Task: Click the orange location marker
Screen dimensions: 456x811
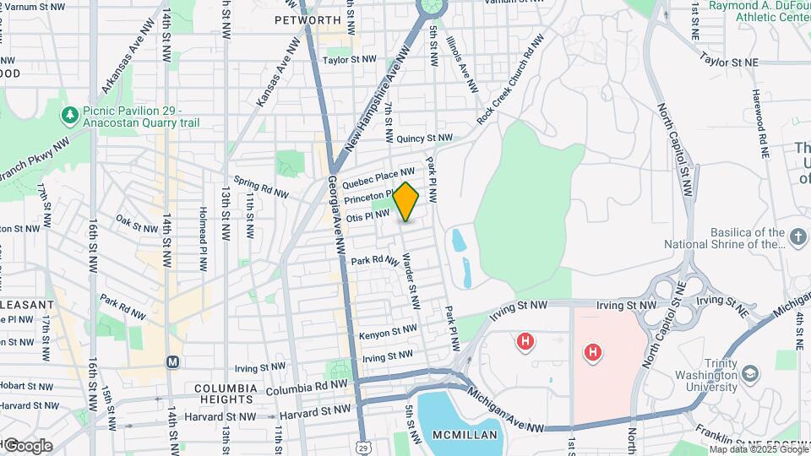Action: pos(406,202)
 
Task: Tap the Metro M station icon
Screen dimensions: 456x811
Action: pos(173,361)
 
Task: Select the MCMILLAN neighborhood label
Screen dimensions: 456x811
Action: pos(460,435)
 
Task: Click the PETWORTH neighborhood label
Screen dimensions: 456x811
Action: pos(307,19)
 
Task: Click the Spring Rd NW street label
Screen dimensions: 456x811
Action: pos(261,187)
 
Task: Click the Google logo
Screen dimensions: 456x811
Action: pos(27,445)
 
